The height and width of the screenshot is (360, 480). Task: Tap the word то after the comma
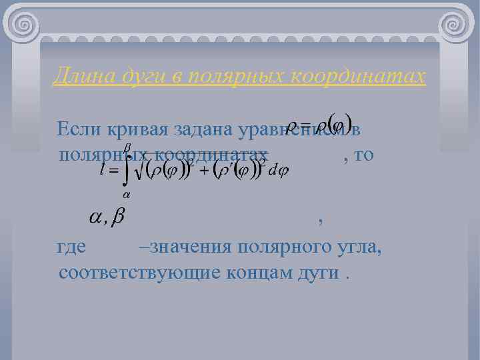[365, 155]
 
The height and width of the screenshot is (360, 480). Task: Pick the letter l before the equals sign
[101, 171]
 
